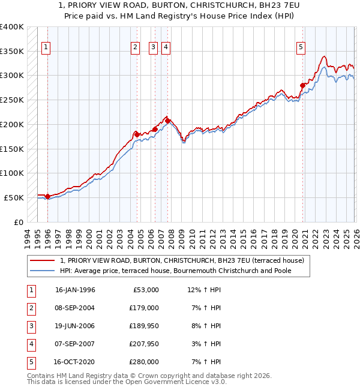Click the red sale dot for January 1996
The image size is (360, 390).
click(x=47, y=196)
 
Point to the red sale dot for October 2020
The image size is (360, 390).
click(x=303, y=85)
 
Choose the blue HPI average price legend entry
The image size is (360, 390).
click(x=182, y=271)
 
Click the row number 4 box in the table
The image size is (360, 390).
click(x=29, y=344)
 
